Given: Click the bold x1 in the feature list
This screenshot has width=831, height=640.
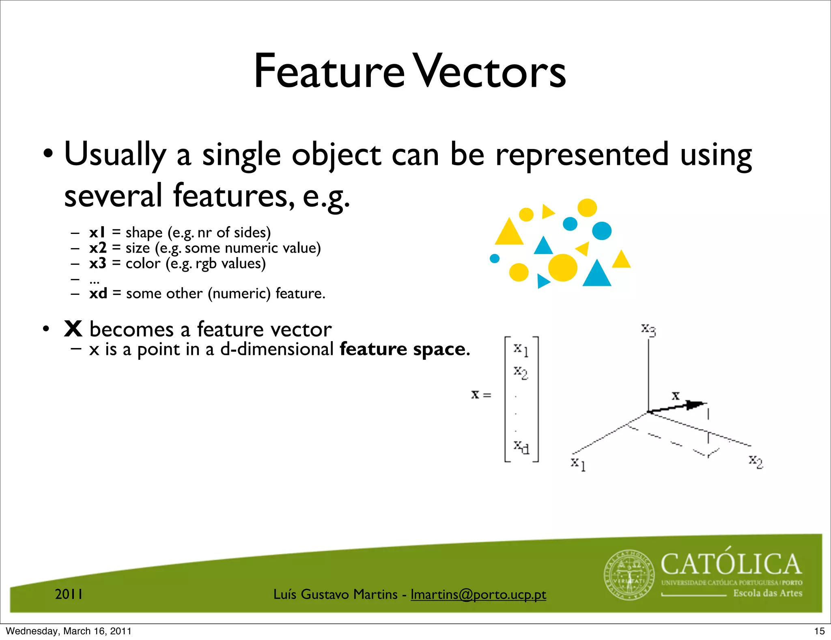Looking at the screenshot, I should coord(97,232).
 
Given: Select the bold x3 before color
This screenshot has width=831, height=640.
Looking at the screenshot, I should coord(98,263).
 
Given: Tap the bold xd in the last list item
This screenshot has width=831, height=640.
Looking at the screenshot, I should coord(98,293).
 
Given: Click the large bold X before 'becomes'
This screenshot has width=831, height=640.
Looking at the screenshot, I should coord(73,329).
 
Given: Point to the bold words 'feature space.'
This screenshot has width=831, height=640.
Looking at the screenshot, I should coord(405,349).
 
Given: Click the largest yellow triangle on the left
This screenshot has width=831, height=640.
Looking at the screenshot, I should coord(509,233).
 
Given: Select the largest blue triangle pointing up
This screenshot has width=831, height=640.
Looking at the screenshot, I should coord(596,275).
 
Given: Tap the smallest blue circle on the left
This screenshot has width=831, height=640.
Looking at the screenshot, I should coord(495,258).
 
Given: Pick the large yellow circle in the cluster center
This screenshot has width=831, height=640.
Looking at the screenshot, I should coord(562,268).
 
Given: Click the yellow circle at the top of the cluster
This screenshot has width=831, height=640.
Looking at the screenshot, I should coord(587,208).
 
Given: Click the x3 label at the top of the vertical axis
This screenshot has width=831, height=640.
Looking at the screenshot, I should coord(648,330).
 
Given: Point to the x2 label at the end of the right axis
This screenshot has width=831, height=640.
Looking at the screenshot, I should coord(756,461).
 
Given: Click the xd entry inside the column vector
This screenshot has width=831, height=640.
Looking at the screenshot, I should coord(521,447).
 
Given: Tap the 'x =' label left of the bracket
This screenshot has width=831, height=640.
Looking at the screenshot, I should coord(481,394).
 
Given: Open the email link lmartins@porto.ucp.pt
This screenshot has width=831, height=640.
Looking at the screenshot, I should coord(478,594).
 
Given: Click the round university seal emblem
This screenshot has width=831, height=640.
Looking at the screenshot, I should coord(629,575).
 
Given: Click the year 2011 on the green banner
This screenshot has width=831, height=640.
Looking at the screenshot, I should coord(69,594).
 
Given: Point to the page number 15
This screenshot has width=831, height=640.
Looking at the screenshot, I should coord(819,631).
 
